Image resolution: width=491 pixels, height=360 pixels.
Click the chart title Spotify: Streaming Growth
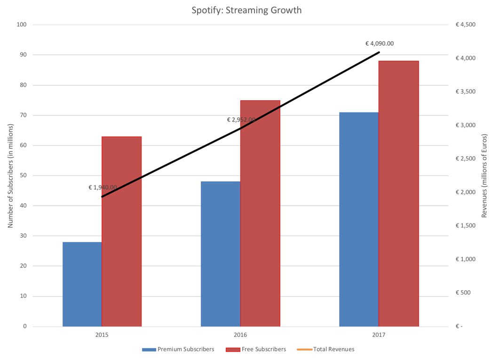pyautogui.click(x=246, y=10)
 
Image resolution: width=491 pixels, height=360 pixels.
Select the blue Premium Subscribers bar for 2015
pyautogui.click(x=82, y=284)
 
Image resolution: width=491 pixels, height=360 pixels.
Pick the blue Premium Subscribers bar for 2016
pyautogui.click(x=220, y=254)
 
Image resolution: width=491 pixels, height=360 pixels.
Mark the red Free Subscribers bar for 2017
pyautogui.click(x=398, y=193)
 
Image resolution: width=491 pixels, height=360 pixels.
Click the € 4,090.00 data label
pyautogui.click(x=379, y=44)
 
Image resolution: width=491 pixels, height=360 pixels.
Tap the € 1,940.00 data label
pyautogui.click(x=103, y=187)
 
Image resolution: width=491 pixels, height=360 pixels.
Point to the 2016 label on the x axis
pyautogui.click(x=240, y=336)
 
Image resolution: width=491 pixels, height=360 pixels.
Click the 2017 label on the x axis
pyautogui.click(x=379, y=336)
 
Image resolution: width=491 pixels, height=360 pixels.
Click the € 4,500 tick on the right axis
pyautogui.click(x=466, y=25)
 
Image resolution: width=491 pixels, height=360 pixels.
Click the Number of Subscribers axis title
pyautogui.click(x=10, y=176)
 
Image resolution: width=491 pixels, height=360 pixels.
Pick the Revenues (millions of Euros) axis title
pyautogui.click(x=484, y=176)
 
